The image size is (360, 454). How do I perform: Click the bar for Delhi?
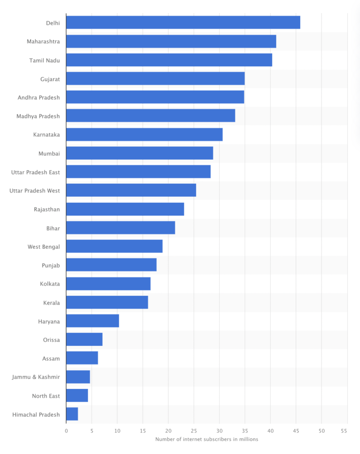pos(183,23)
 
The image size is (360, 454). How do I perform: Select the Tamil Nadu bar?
pos(169,60)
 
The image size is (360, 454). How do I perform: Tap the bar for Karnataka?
pos(144,134)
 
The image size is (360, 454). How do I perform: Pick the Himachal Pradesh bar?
pos(72,414)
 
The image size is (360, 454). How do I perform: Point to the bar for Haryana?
pos(92,321)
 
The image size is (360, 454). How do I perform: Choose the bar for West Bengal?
pos(114,246)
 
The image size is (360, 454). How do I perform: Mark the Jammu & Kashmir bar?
pos(78,377)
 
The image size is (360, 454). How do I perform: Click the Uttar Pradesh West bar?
pos(131,190)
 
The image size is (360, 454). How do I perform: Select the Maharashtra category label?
pos(43,41)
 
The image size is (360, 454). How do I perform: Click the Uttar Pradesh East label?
pos(35,172)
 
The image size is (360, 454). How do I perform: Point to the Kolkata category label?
pos(50,284)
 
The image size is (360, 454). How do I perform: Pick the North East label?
pos(46,396)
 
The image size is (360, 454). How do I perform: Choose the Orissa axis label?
pos(51,340)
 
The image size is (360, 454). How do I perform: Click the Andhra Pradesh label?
pos(39,98)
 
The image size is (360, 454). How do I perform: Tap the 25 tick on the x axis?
pos(194,431)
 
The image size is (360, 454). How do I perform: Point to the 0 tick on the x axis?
pos(66,431)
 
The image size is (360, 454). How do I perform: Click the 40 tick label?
pos(270,431)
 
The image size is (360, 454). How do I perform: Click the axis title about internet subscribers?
pos(207,439)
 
